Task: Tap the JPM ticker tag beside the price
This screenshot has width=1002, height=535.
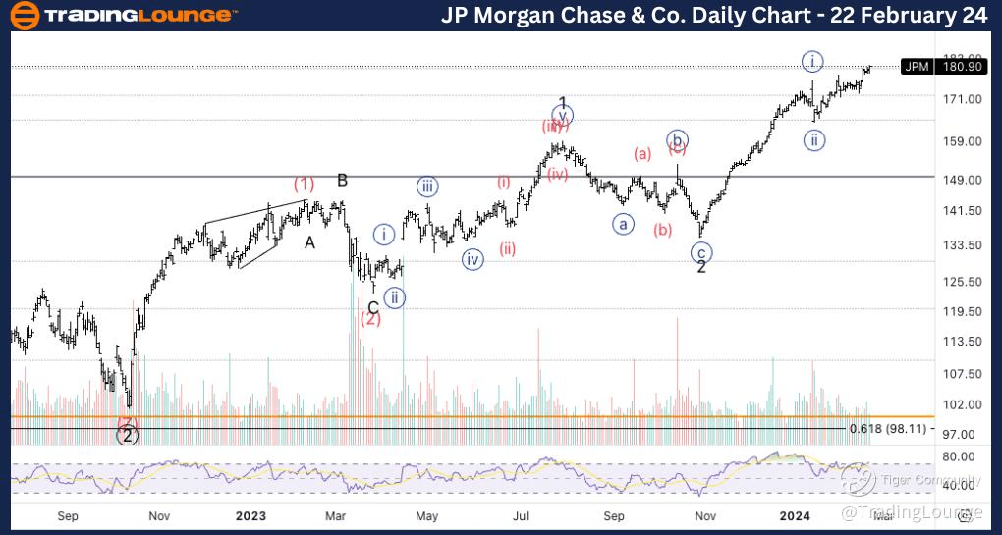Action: pyautogui.click(x=916, y=67)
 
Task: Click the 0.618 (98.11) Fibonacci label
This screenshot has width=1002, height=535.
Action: pyautogui.click(x=889, y=428)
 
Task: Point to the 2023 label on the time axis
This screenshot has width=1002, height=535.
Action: pyautogui.click(x=251, y=514)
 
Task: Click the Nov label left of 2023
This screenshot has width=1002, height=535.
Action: pyautogui.click(x=158, y=514)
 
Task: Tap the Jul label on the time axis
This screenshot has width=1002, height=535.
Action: pyautogui.click(x=521, y=514)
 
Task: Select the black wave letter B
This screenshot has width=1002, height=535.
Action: pyautogui.click(x=343, y=180)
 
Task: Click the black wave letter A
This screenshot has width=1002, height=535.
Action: pyautogui.click(x=309, y=242)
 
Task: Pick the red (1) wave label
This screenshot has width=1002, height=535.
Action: pyautogui.click(x=304, y=184)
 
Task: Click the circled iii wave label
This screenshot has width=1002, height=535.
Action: pyautogui.click(x=426, y=187)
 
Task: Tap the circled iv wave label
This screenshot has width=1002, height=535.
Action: pyautogui.click(x=473, y=260)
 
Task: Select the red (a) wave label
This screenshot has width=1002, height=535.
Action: pyautogui.click(x=642, y=153)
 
